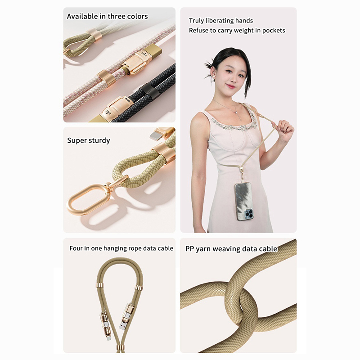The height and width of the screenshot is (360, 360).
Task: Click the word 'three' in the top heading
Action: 117,16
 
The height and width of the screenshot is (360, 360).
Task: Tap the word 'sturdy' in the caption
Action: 99,140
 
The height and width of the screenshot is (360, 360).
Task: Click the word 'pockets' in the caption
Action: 274,31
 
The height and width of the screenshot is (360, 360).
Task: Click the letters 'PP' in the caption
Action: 189,249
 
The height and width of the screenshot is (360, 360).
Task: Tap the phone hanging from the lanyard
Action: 245,201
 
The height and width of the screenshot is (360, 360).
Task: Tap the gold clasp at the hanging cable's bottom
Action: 119,347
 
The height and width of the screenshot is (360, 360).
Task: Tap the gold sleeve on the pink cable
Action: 107,78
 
